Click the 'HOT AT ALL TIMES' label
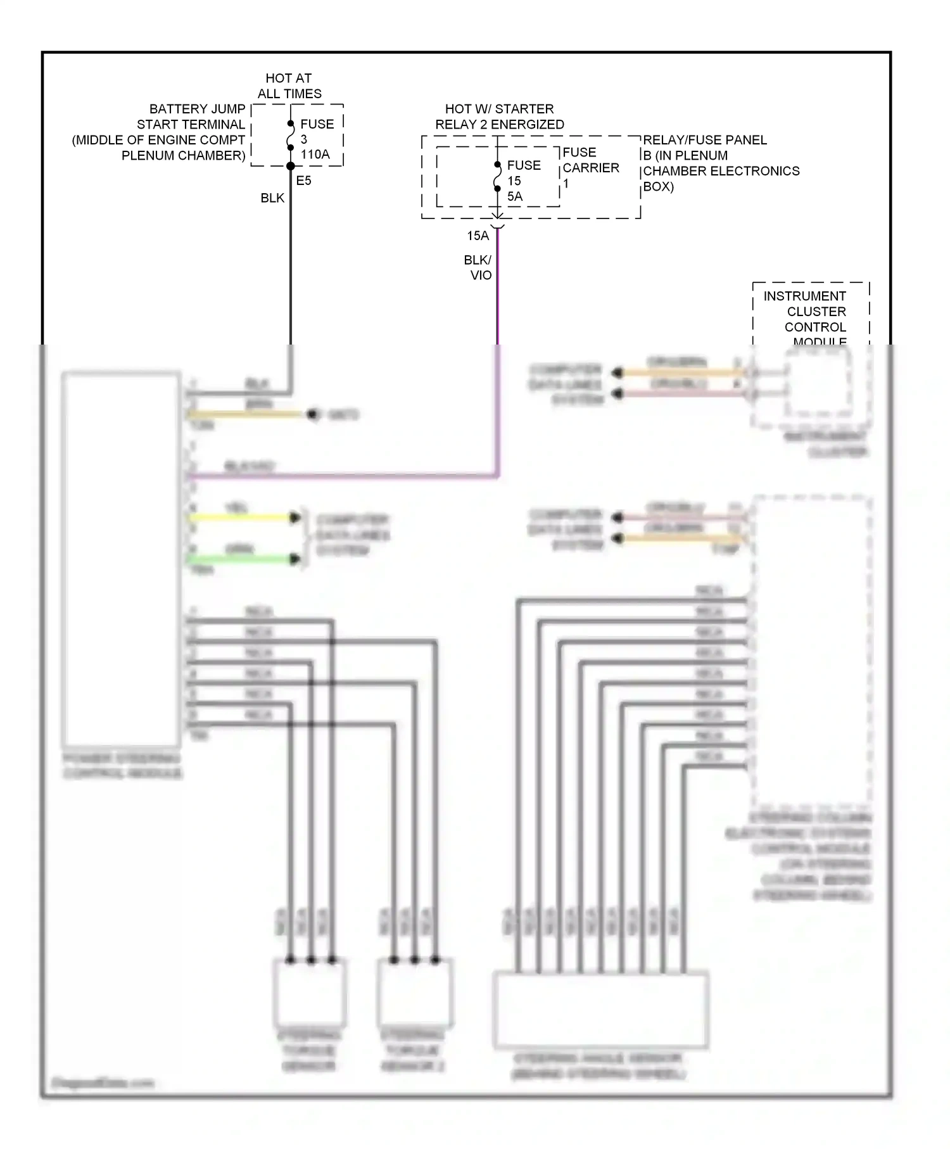289,86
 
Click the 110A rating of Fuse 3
315,154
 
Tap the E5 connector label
303,181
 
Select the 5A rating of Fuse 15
514,196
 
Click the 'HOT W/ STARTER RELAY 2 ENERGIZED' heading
499,117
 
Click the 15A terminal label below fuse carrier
478,236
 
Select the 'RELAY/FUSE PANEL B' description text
720,163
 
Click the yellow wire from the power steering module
241,517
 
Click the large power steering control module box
121,559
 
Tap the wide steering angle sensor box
600,1010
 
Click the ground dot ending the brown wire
312,415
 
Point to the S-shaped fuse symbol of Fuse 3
291,136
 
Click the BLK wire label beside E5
272,198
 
